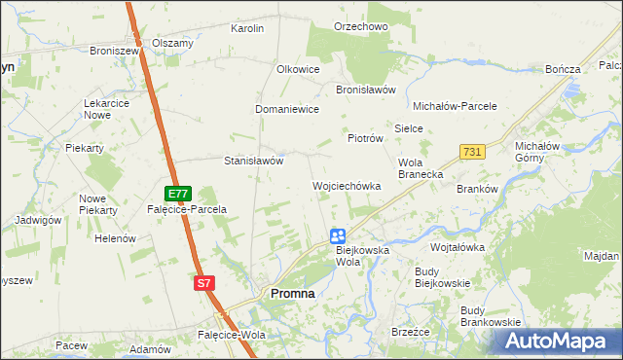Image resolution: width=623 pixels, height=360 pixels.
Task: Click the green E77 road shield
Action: click(x=176, y=194)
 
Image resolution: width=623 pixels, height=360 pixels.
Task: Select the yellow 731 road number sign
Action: click(x=472, y=152)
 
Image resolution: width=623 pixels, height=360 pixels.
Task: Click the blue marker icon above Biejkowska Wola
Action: click(x=337, y=235)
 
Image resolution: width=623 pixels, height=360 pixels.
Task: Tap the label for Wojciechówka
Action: click(x=346, y=186)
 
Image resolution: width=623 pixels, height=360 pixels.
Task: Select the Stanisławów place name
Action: click(x=253, y=161)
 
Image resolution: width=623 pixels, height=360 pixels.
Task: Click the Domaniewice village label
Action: click(x=287, y=110)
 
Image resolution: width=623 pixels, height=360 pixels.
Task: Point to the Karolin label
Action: click(x=247, y=29)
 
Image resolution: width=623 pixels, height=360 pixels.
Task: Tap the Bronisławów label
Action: click(x=365, y=90)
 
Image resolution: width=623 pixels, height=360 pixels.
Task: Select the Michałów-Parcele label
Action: click(x=456, y=106)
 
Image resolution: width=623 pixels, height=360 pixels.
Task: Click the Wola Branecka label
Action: click(x=421, y=168)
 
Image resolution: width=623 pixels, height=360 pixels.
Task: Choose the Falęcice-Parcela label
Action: click(x=186, y=209)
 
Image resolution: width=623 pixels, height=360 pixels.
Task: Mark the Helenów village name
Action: click(x=114, y=238)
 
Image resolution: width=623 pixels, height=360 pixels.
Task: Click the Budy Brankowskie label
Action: click(x=491, y=315)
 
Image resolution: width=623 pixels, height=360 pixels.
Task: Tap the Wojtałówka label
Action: click(x=458, y=247)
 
